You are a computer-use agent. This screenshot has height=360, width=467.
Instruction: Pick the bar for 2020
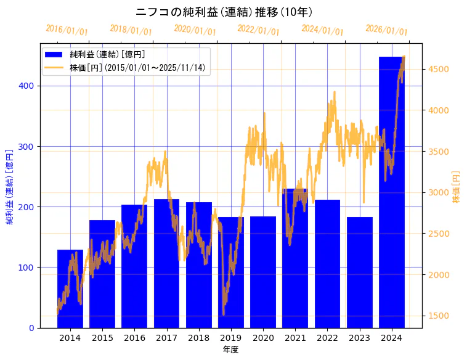[x=263, y=272]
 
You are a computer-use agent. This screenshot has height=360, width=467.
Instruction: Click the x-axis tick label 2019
[x=231, y=338]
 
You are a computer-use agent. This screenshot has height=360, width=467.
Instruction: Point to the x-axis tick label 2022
[x=327, y=338]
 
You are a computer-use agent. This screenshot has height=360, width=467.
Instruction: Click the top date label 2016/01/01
[x=67, y=30]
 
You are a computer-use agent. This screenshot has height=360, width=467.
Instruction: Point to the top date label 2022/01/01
[x=258, y=30]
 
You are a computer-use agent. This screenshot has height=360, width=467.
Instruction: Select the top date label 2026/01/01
[x=386, y=30]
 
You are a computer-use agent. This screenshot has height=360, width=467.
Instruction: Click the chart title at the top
[x=224, y=12]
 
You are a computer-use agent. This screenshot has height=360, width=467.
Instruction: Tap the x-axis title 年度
[x=230, y=350]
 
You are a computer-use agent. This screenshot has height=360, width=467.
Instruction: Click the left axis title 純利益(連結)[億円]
[x=10, y=186]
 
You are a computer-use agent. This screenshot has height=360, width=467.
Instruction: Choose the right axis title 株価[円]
[x=457, y=186]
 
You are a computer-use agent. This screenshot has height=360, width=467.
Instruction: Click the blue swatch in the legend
[x=55, y=54]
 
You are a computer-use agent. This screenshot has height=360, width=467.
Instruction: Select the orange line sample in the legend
[x=55, y=67]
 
